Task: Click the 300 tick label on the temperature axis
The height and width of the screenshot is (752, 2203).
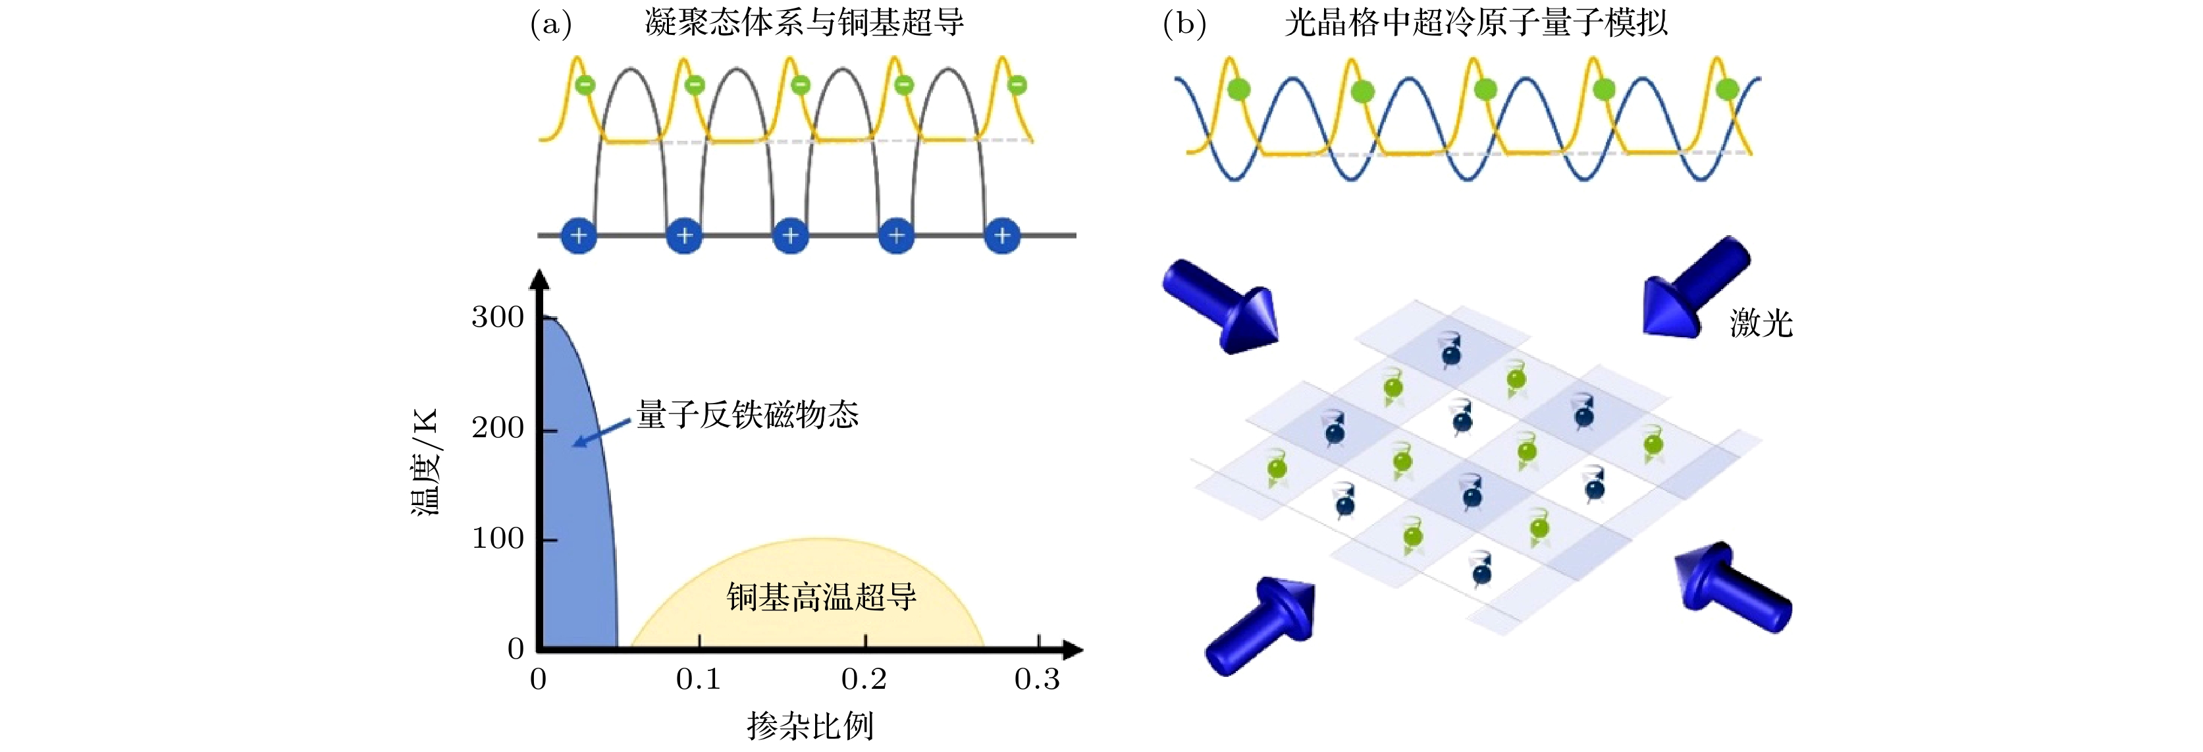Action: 498,318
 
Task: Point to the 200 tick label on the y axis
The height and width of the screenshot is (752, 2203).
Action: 498,429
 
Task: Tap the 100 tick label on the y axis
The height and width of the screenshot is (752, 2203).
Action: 498,539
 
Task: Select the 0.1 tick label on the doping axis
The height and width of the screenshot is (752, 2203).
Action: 698,680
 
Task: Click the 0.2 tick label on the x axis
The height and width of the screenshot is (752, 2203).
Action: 864,680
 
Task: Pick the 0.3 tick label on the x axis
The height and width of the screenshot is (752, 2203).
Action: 1036,680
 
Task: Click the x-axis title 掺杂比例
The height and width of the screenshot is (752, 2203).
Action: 810,726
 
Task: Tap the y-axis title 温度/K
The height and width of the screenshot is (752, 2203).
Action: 425,462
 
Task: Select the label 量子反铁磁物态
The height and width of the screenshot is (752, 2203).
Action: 747,415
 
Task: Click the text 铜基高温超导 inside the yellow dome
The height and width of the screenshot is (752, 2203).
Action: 821,597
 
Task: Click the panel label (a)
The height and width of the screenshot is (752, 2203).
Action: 550,24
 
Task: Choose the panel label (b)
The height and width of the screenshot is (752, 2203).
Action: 1184,24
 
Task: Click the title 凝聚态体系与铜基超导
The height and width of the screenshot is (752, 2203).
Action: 804,24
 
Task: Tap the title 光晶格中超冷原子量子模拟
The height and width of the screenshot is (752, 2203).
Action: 1476,24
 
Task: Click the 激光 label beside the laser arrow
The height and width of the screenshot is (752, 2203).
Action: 1761,323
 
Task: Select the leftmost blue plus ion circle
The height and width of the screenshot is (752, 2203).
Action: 578,235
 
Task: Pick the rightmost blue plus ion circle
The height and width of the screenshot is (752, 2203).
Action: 1002,235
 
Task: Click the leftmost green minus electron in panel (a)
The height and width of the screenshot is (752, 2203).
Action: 585,85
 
